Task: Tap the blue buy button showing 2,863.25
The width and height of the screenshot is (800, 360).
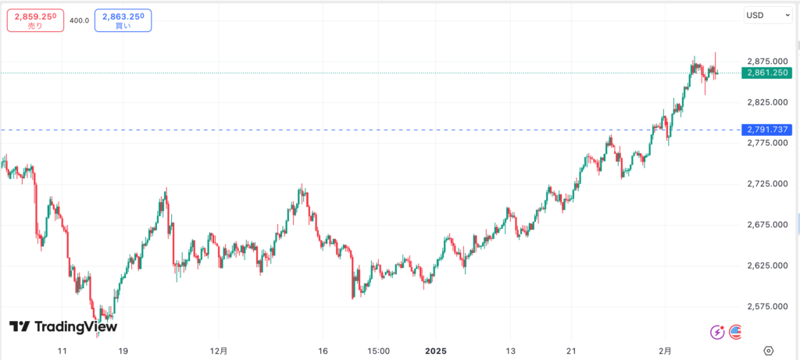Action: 123,20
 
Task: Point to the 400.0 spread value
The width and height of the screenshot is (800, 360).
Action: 79,21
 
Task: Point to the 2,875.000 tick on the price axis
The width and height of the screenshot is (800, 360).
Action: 766,61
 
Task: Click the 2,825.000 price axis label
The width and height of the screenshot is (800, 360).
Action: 766,102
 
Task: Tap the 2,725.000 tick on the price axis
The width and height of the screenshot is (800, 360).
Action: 766,184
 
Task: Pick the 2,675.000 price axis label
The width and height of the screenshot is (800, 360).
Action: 766,224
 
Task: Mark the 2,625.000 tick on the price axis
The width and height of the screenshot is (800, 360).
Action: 766,266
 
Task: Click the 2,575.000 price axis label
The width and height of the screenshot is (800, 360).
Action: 766,306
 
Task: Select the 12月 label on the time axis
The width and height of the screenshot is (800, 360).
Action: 220,350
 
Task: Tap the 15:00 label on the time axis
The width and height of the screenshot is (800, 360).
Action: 378,350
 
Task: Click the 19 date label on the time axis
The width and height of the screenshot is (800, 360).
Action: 123,350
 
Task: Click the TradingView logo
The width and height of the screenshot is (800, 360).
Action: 63,326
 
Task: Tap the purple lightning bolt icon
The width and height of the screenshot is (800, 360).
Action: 717,332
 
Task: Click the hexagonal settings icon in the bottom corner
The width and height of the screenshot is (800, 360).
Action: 769,350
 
